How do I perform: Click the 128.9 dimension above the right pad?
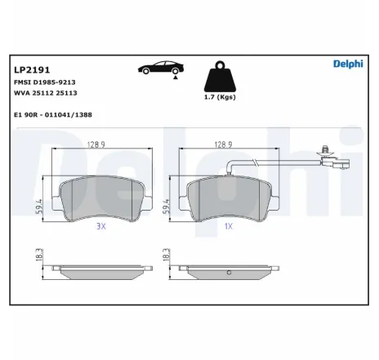(223, 144)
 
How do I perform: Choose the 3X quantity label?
(101, 225)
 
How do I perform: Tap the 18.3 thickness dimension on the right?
(167, 255)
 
